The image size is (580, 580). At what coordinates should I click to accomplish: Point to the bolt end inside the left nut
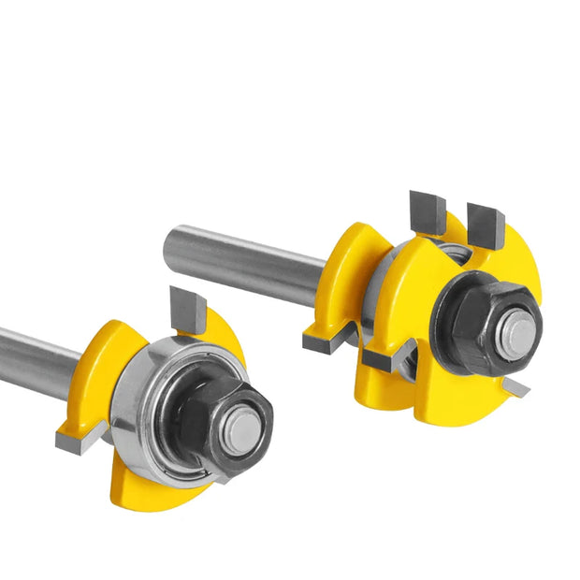click(x=244, y=428)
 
